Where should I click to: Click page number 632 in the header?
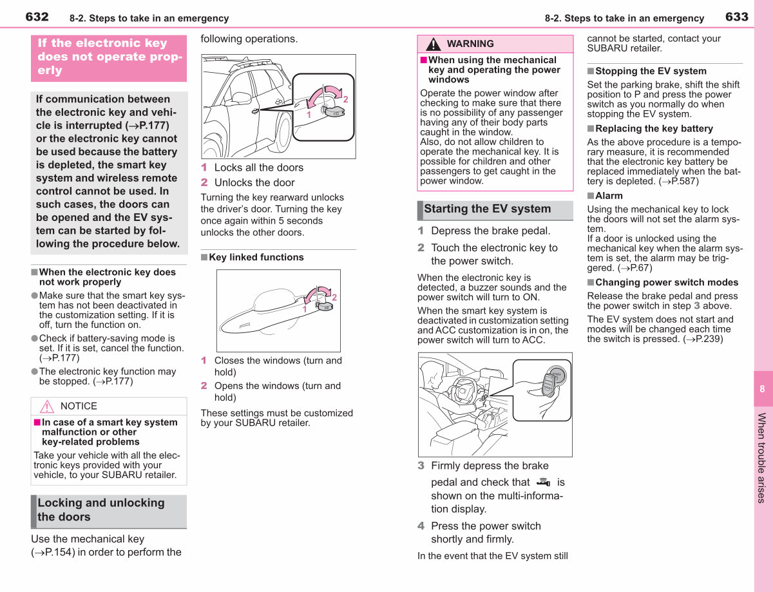[37, 17]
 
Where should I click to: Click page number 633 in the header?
[737, 17]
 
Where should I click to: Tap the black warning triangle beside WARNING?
[434, 44]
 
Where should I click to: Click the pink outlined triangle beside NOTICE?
[47, 406]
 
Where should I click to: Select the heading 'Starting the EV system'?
[487, 209]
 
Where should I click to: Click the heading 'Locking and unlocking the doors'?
[100, 510]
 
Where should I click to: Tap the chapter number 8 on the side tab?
[762, 388]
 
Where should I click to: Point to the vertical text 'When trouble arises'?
[761, 458]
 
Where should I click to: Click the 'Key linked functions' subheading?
[256, 257]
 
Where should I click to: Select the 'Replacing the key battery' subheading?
[654, 128]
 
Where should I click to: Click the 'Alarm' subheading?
[609, 196]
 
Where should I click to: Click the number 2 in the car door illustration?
[345, 99]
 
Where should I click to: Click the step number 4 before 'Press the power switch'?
[421, 526]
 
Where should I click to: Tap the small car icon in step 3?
[543, 482]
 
